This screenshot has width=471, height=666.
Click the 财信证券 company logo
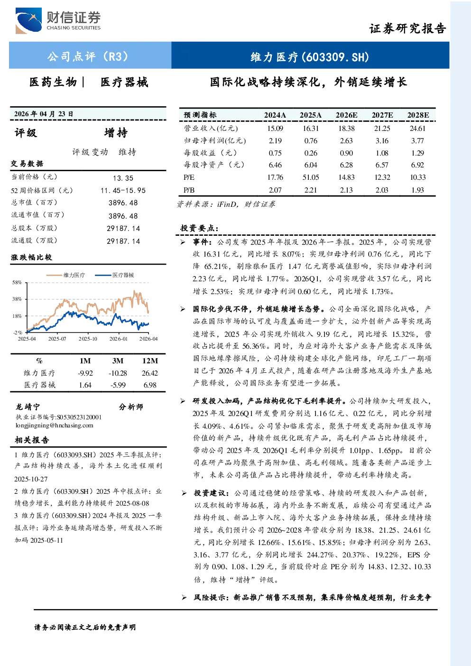tap(58, 20)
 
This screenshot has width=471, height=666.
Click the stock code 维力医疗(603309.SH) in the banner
tap(310, 57)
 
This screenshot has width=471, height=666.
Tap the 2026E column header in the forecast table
tap(346, 115)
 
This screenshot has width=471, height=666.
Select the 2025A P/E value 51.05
tap(311, 177)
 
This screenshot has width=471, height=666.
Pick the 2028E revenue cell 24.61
tap(418, 129)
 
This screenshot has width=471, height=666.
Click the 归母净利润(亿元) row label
tap(215, 140)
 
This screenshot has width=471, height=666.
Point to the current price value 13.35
tap(123, 178)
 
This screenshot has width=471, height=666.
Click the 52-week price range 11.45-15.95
tap(123, 190)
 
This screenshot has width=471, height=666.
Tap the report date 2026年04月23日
tap(44, 114)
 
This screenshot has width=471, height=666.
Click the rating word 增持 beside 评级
tap(116, 133)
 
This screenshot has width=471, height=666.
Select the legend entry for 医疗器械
tap(114, 275)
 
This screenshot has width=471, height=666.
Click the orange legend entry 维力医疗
tap(65, 275)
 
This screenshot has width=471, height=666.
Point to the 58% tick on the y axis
tap(17, 282)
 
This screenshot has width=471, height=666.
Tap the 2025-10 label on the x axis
tap(88, 339)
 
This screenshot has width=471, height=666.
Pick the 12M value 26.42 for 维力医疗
tap(150, 373)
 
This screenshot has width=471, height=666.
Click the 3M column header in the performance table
tap(118, 361)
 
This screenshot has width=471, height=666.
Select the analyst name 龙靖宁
tap(28, 407)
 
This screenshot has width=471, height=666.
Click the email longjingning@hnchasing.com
tap(55, 425)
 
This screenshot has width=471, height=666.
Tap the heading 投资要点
tap(199, 228)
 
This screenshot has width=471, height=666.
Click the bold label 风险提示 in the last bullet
tap(211, 597)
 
